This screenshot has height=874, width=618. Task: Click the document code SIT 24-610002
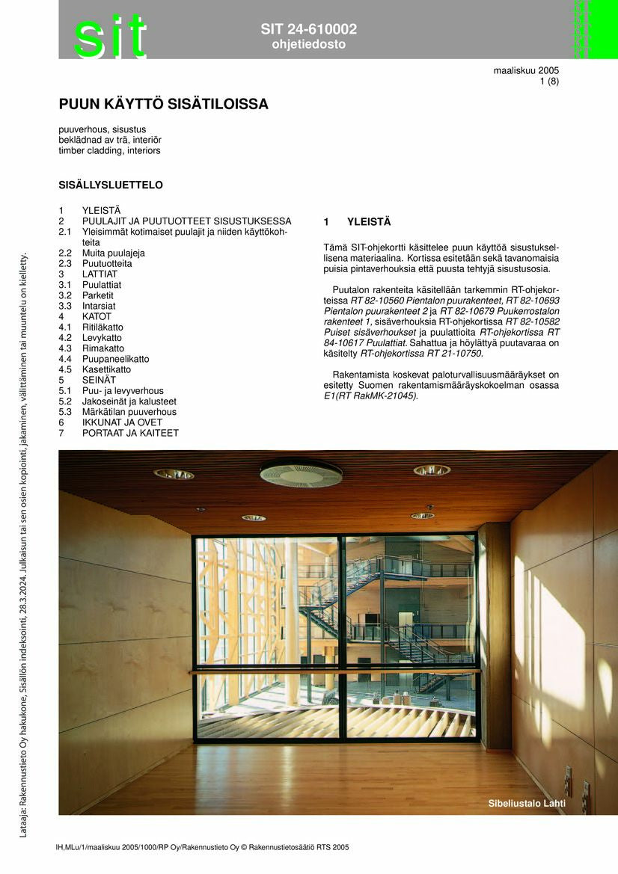308,29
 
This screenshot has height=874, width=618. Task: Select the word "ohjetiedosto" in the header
308,45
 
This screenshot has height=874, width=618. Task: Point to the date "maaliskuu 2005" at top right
526,71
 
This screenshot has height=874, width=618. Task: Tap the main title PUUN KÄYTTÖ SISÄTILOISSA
163,105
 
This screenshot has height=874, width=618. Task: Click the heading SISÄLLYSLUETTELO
111,185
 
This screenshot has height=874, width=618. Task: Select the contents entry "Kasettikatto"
106,369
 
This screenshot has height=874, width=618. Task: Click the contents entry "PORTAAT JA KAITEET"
130,433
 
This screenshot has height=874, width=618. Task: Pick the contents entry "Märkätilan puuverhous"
129,412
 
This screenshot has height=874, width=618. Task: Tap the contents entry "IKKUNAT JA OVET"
122,422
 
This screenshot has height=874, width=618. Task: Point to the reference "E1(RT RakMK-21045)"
370,396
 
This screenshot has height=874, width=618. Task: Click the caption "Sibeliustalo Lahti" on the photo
527,804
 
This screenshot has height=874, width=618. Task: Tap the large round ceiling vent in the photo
301,473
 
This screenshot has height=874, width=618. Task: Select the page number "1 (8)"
549,81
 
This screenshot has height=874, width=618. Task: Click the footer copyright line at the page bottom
202,847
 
